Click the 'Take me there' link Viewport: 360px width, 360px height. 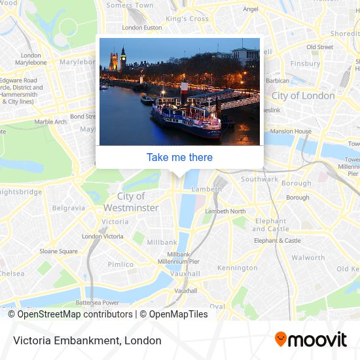point(179,157)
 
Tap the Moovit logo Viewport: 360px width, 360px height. point(310,340)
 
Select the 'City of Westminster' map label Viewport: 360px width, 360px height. point(131,202)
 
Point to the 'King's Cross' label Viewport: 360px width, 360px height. point(187,19)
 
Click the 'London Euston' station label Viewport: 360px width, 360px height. point(141,27)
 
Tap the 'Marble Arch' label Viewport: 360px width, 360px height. point(50,122)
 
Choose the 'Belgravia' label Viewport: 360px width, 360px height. point(69,208)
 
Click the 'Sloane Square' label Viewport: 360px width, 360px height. point(58,251)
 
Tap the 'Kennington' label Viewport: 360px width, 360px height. point(238,268)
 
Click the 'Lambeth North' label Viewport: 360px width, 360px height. point(225,211)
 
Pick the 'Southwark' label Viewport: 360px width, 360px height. point(259,179)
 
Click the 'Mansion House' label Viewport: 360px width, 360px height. point(291,132)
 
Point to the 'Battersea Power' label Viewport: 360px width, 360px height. point(97,302)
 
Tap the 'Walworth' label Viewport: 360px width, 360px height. point(308,258)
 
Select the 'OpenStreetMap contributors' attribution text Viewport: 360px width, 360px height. point(75,314)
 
